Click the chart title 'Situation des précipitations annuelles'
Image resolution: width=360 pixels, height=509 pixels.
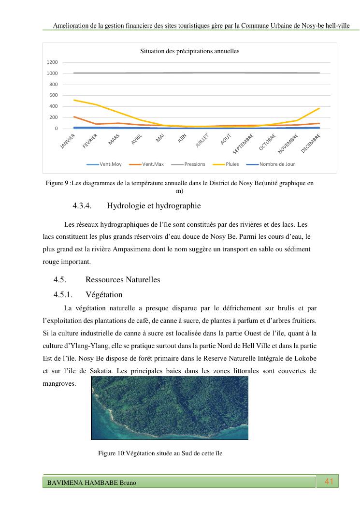click(x=189, y=51)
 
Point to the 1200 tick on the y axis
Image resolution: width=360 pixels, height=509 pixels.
click(x=52, y=62)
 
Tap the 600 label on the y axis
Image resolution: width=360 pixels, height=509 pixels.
click(x=54, y=95)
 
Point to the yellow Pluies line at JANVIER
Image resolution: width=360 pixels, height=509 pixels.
click(x=74, y=100)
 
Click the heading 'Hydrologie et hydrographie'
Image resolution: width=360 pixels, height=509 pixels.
click(x=153, y=206)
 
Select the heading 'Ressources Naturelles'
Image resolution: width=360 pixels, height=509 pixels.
click(x=122, y=280)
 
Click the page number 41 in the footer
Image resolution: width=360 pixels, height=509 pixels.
click(x=330, y=481)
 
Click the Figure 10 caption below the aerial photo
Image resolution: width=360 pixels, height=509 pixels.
click(x=160, y=453)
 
